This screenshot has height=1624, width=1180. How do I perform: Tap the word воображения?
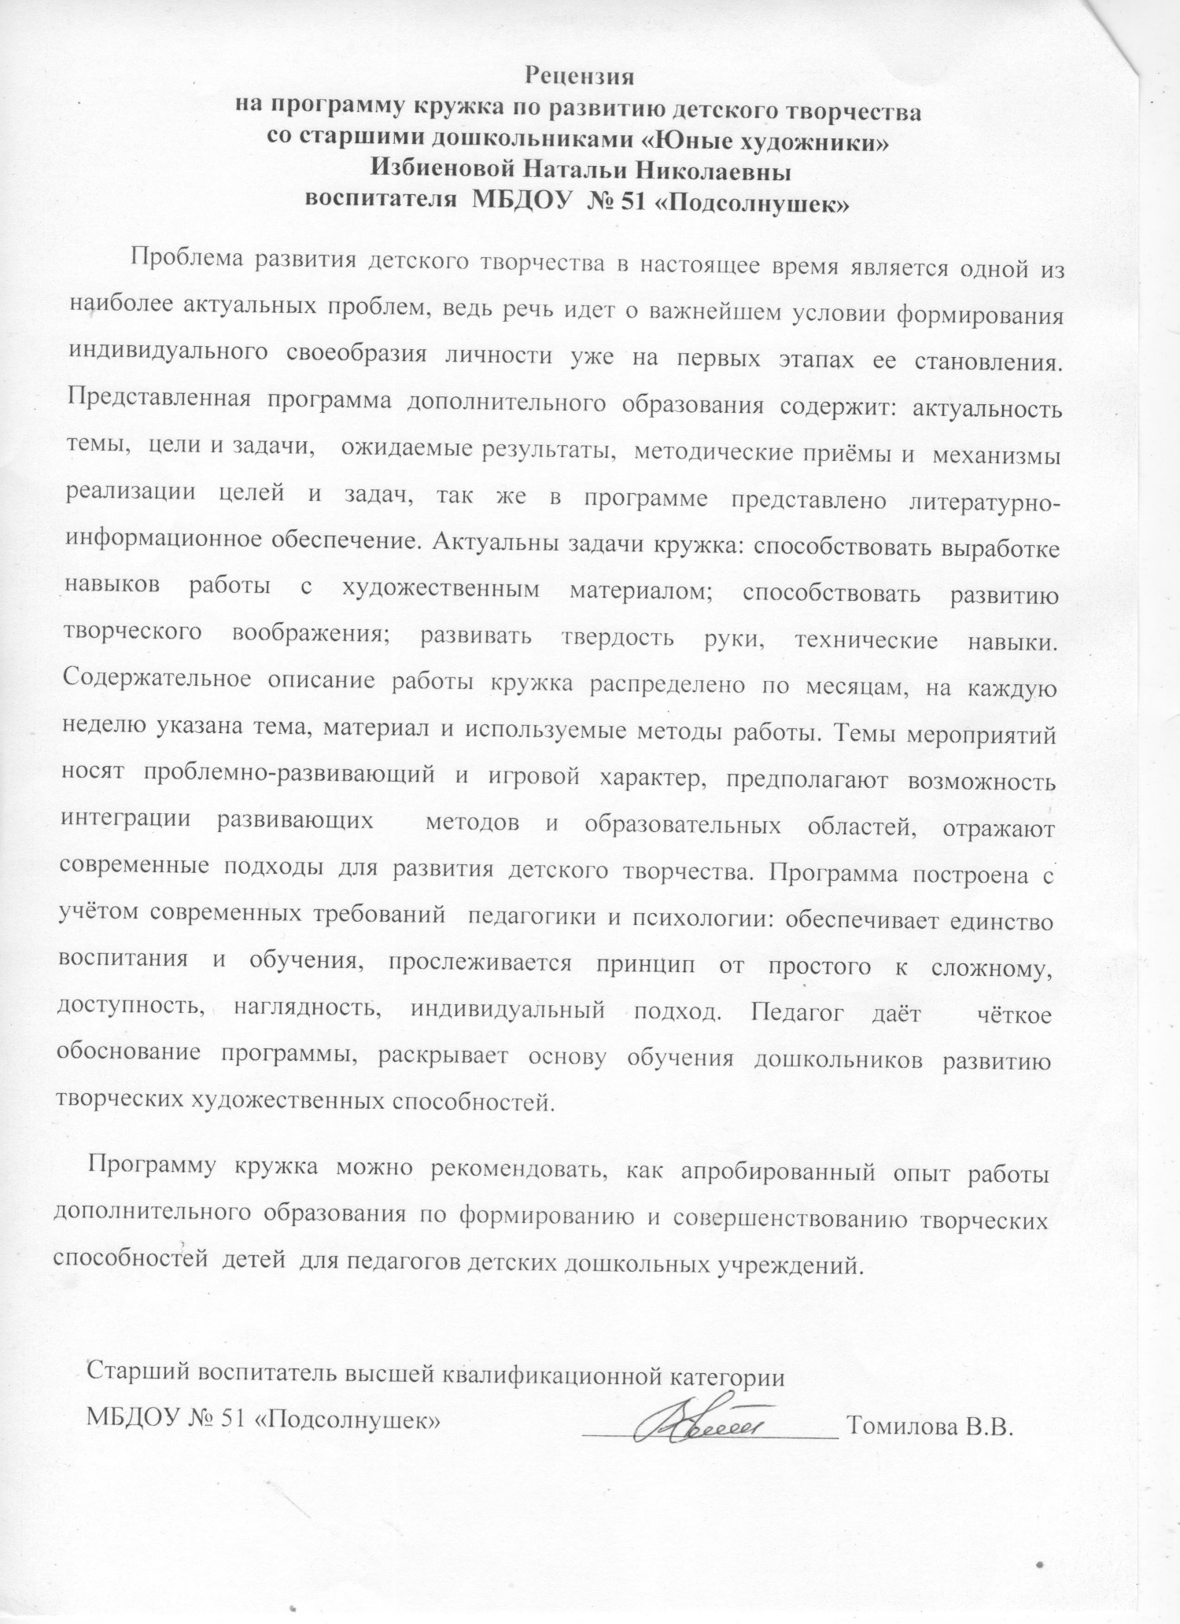coord(312,638)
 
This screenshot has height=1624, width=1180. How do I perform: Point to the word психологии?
coord(681,921)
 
